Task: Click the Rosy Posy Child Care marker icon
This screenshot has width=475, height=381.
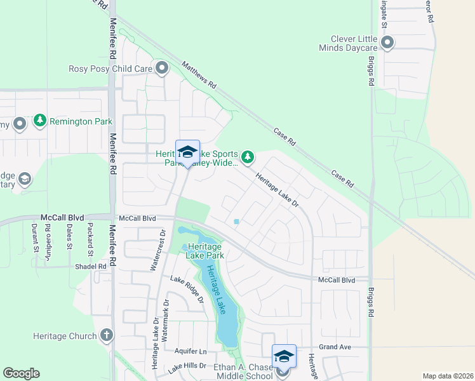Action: pyautogui.click(x=161, y=67)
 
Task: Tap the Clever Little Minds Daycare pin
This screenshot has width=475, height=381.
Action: pyautogui.click(x=387, y=43)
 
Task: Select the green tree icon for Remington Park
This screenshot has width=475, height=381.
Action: pyautogui.click(x=40, y=121)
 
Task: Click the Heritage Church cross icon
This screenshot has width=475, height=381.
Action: pyautogui.click(x=107, y=335)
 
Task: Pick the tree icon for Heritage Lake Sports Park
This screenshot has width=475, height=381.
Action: pyautogui.click(x=248, y=156)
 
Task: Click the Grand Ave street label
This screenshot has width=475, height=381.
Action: pyautogui.click(x=335, y=347)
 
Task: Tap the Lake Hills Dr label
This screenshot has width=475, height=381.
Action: pyautogui.click(x=187, y=366)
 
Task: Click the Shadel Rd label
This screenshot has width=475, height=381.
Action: pyautogui.click(x=90, y=267)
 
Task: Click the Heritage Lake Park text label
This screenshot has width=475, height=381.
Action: pyautogui.click(x=204, y=250)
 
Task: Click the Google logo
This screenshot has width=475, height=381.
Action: pyautogui.click(x=21, y=373)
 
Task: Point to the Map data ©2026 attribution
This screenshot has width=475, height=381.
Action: pyautogui.click(x=447, y=376)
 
